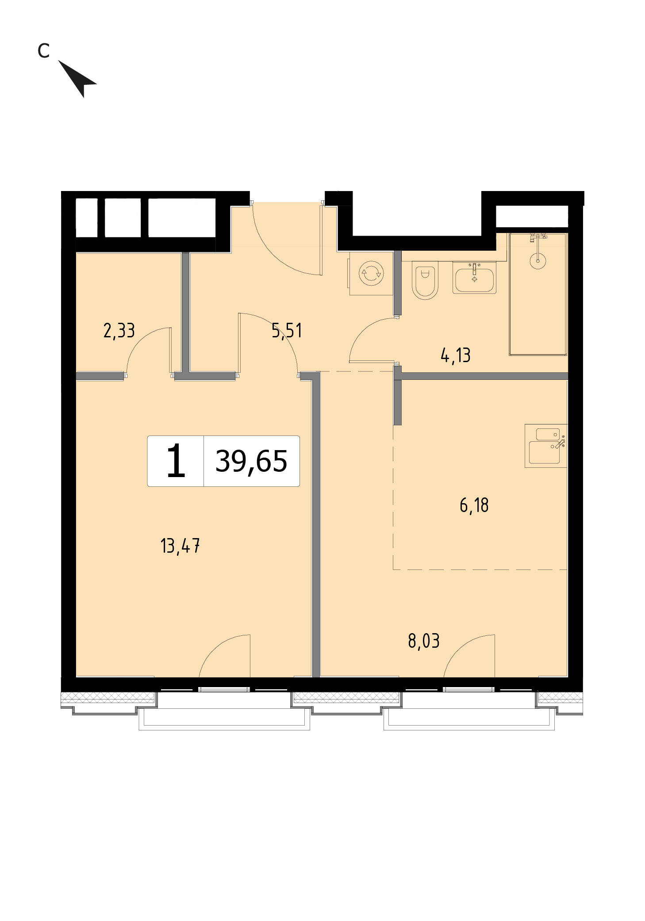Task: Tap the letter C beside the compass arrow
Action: pos(43,51)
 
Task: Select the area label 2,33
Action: pos(119,331)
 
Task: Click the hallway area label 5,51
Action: pos(287,331)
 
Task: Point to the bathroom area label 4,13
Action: pos(456,355)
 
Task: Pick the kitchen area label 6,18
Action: pos(474,505)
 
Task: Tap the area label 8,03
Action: pos(424,641)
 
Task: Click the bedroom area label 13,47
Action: pos(180,546)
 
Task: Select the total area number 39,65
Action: pos(251,461)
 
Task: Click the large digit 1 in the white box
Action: pos(176,461)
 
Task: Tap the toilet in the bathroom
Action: pos(425,280)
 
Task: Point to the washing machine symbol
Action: pos(371,274)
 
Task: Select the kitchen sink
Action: pos(545,446)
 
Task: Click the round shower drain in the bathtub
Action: pos(538,261)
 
